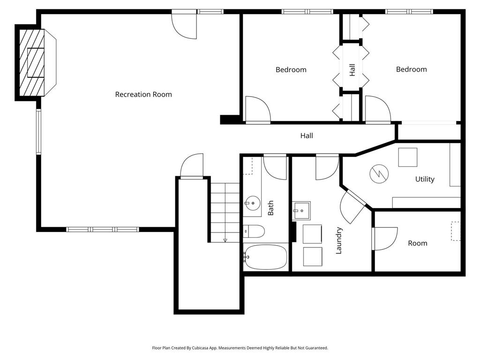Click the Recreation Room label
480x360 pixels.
click(x=143, y=94)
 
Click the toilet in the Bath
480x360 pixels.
click(x=254, y=231)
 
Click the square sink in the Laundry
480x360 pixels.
click(x=301, y=210)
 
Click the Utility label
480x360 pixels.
click(x=425, y=179)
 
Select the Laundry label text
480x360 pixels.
click(x=339, y=240)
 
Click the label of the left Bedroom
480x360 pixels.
click(x=291, y=69)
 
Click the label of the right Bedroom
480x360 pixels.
click(x=411, y=69)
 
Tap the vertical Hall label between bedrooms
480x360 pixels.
click(x=352, y=70)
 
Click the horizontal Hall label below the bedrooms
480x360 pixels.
click(x=307, y=135)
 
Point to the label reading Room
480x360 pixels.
click(x=417, y=243)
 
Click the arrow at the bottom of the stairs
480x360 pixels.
click(x=225, y=240)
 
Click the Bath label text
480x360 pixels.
click(x=270, y=208)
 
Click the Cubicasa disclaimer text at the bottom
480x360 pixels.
click(x=240, y=348)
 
